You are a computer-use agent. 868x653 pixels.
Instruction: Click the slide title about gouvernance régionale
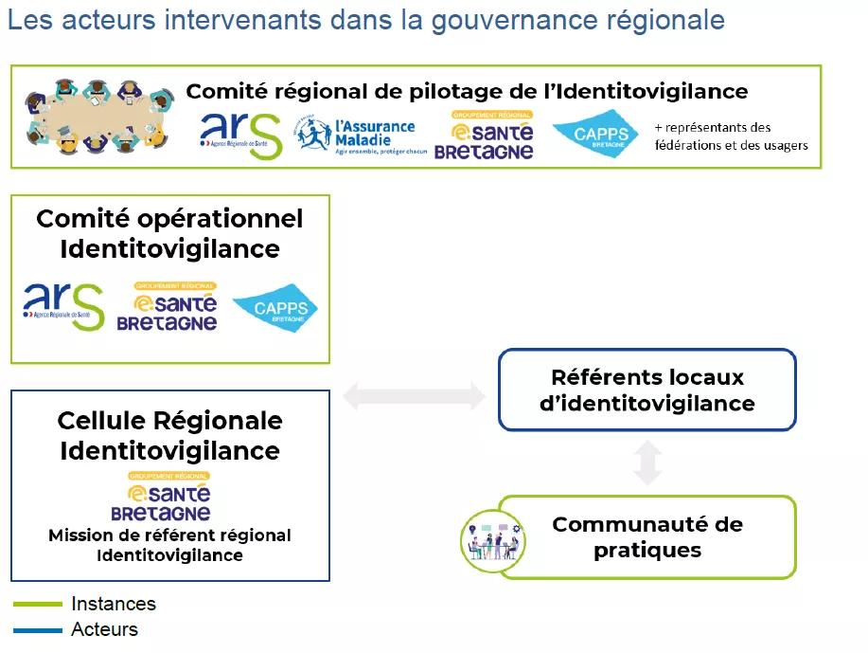[365, 20]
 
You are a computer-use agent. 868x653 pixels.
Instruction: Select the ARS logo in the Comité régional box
[240, 136]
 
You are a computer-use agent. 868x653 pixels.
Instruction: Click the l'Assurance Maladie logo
[357, 136]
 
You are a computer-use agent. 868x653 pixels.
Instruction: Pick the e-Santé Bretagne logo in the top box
[484, 136]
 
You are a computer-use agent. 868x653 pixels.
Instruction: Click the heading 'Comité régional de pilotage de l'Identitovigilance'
[467, 91]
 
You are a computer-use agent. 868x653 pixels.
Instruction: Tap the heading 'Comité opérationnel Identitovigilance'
[169, 233]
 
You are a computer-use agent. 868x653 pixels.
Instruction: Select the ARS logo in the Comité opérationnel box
[63, 306]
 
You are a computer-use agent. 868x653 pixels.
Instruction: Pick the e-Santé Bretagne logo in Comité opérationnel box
[168, 307]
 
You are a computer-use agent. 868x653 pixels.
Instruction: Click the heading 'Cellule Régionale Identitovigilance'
[169, 435]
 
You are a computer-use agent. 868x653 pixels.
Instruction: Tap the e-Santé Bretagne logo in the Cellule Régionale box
[162, 497]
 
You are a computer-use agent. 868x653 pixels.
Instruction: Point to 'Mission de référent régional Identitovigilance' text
[169, 545]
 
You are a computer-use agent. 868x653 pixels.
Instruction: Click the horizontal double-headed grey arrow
[414, 395]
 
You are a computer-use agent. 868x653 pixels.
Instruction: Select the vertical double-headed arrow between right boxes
[647, 463]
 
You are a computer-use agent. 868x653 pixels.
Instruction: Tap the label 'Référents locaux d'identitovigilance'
[647, 390]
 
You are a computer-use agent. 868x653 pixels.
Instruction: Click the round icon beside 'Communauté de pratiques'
[493, 540]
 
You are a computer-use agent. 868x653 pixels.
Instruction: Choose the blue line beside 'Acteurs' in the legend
[38, 629]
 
